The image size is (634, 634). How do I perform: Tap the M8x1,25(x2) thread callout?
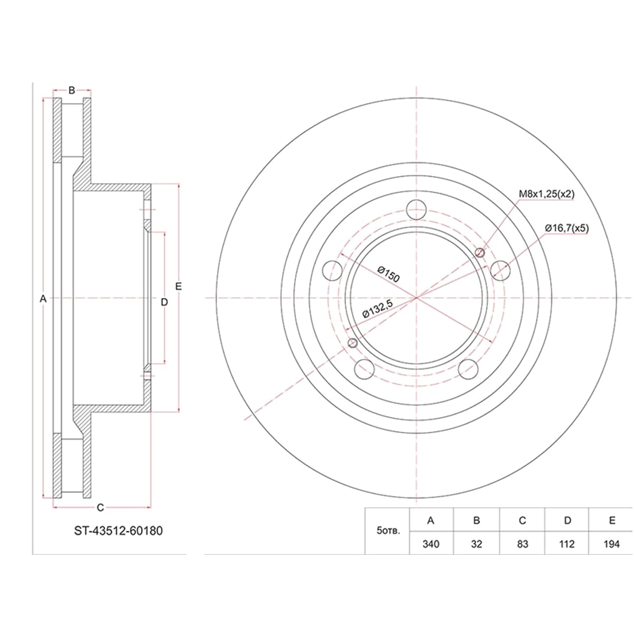coord(546,194)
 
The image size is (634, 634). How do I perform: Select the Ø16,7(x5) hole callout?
coord(566,228)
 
